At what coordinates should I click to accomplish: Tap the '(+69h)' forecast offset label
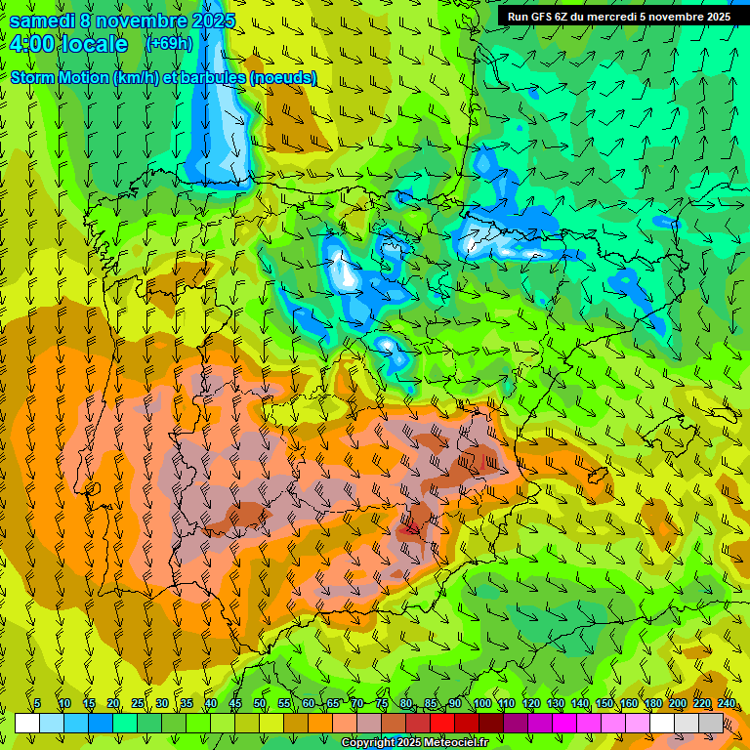(168, 43)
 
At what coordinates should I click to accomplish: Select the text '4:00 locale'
(68, 44)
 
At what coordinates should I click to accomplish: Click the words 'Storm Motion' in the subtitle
(59, 77)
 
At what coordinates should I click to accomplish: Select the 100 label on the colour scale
(482, 704)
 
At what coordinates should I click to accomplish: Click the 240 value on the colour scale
(726, 704)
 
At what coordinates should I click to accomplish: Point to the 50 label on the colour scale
(260, 704)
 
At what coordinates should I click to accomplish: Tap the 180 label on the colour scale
(652, 704)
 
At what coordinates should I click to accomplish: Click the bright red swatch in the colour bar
(442, 723)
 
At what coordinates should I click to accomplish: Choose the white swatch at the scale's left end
(27, 723)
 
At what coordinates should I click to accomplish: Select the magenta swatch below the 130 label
(564, 723)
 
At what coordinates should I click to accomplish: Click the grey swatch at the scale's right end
(711, 723)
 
